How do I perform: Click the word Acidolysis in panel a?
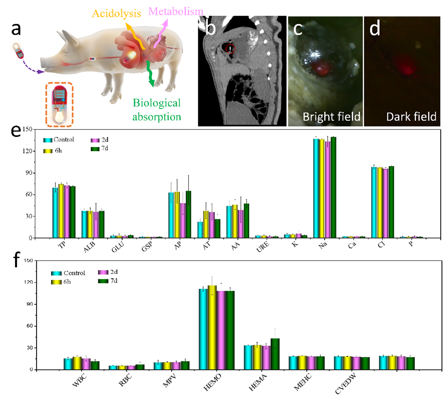click(116, 14)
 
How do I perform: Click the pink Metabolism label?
click(176, 12)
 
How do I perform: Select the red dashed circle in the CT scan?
click(230, 48)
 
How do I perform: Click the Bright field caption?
click(331, 117)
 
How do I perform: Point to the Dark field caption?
click(411, 117)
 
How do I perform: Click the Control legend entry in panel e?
click(59, 140)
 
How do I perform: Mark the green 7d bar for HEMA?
click(275, 354)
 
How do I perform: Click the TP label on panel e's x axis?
click(62, 245)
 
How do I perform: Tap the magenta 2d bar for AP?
click(183, 220)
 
